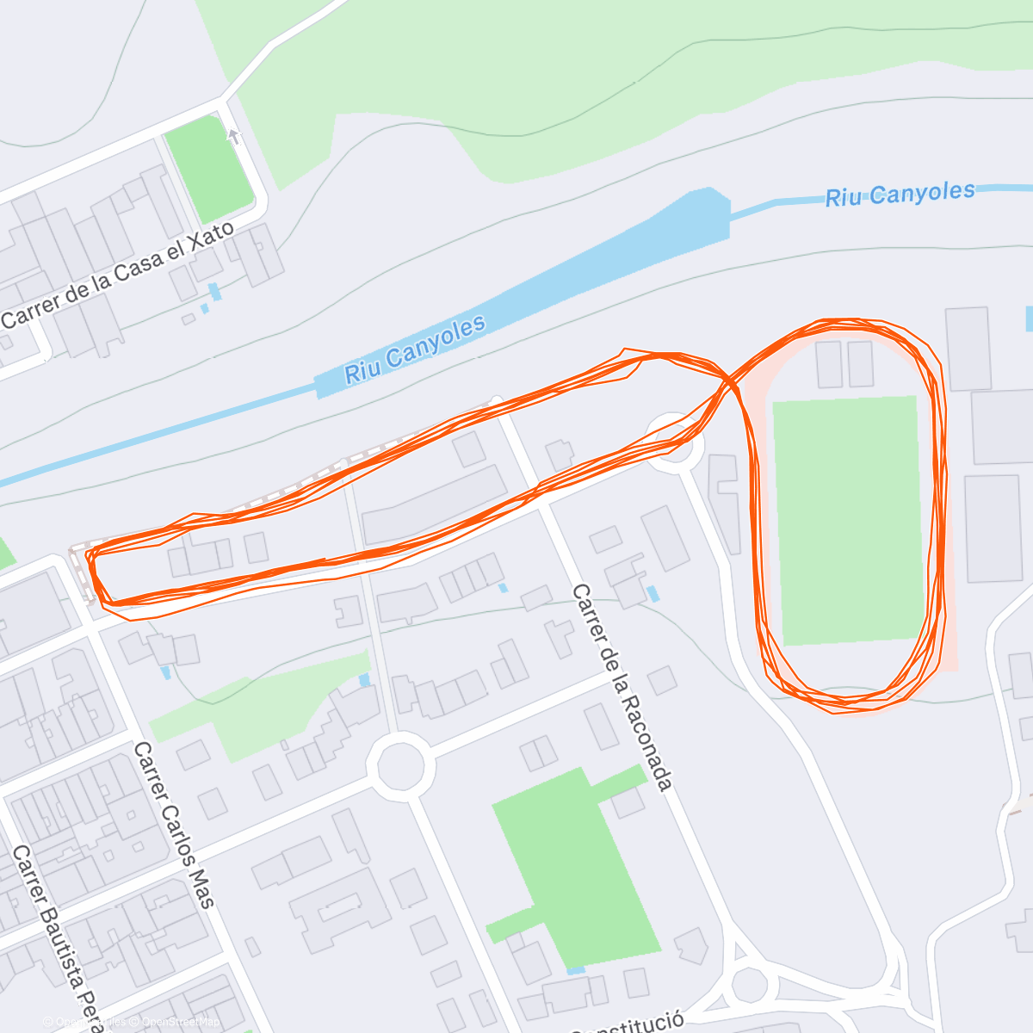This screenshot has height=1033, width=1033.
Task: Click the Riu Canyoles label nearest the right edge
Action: click(900, 194)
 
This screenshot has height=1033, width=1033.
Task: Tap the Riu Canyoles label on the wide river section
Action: click(415, 349)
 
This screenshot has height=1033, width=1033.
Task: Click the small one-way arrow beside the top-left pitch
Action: click(232, 136)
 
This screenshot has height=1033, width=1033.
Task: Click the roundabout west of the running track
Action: click(674, 442)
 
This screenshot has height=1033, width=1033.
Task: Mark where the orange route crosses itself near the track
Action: click(730, 379)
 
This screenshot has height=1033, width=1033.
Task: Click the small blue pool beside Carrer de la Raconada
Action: click(653, 593)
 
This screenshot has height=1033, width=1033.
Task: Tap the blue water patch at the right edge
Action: click(1029, 319)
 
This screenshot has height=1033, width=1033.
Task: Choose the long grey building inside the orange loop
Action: click(436, 506)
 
